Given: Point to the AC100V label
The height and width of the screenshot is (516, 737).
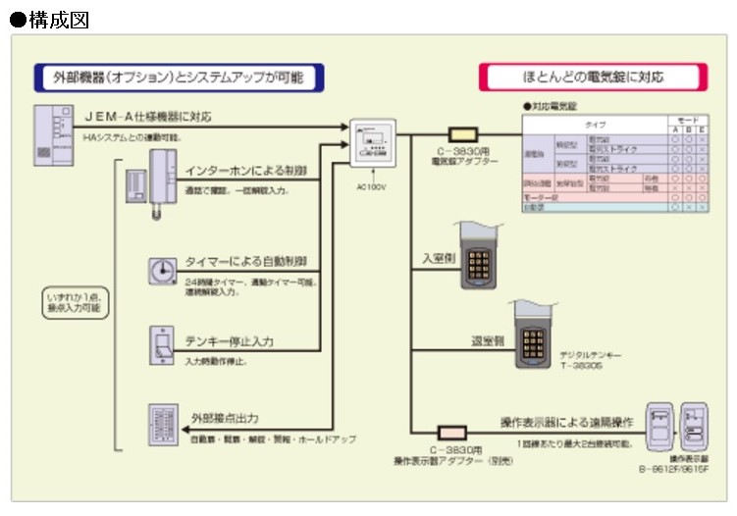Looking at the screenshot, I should pos(372,184).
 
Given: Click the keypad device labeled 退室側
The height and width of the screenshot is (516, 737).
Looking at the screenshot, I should pos(533,335).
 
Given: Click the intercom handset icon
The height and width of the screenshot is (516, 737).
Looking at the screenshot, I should pos(161,181).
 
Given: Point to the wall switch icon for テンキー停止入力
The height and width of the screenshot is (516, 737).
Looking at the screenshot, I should pos(163,344).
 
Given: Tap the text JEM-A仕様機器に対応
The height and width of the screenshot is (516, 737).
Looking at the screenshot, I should pos(148,117).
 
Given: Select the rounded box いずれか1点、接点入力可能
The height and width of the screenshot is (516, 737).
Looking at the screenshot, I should pos(78,301).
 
